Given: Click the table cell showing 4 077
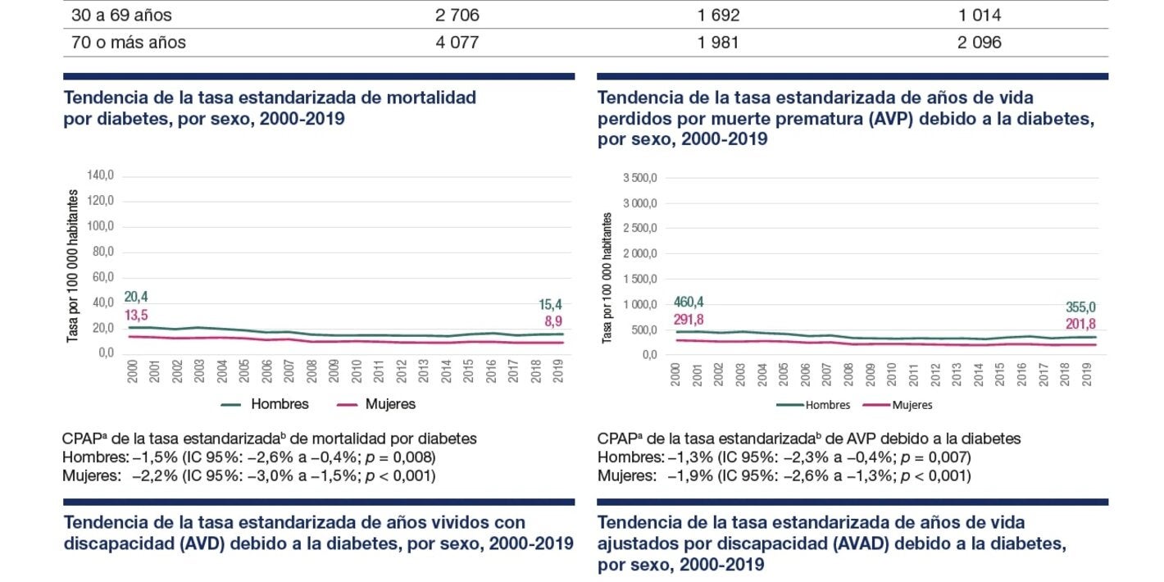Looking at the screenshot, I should tap(457, 43).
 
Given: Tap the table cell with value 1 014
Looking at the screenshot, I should tap(979, 16).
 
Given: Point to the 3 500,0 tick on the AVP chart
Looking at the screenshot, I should tap(640, 178).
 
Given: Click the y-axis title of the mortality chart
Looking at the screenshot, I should tap(72, 266).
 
